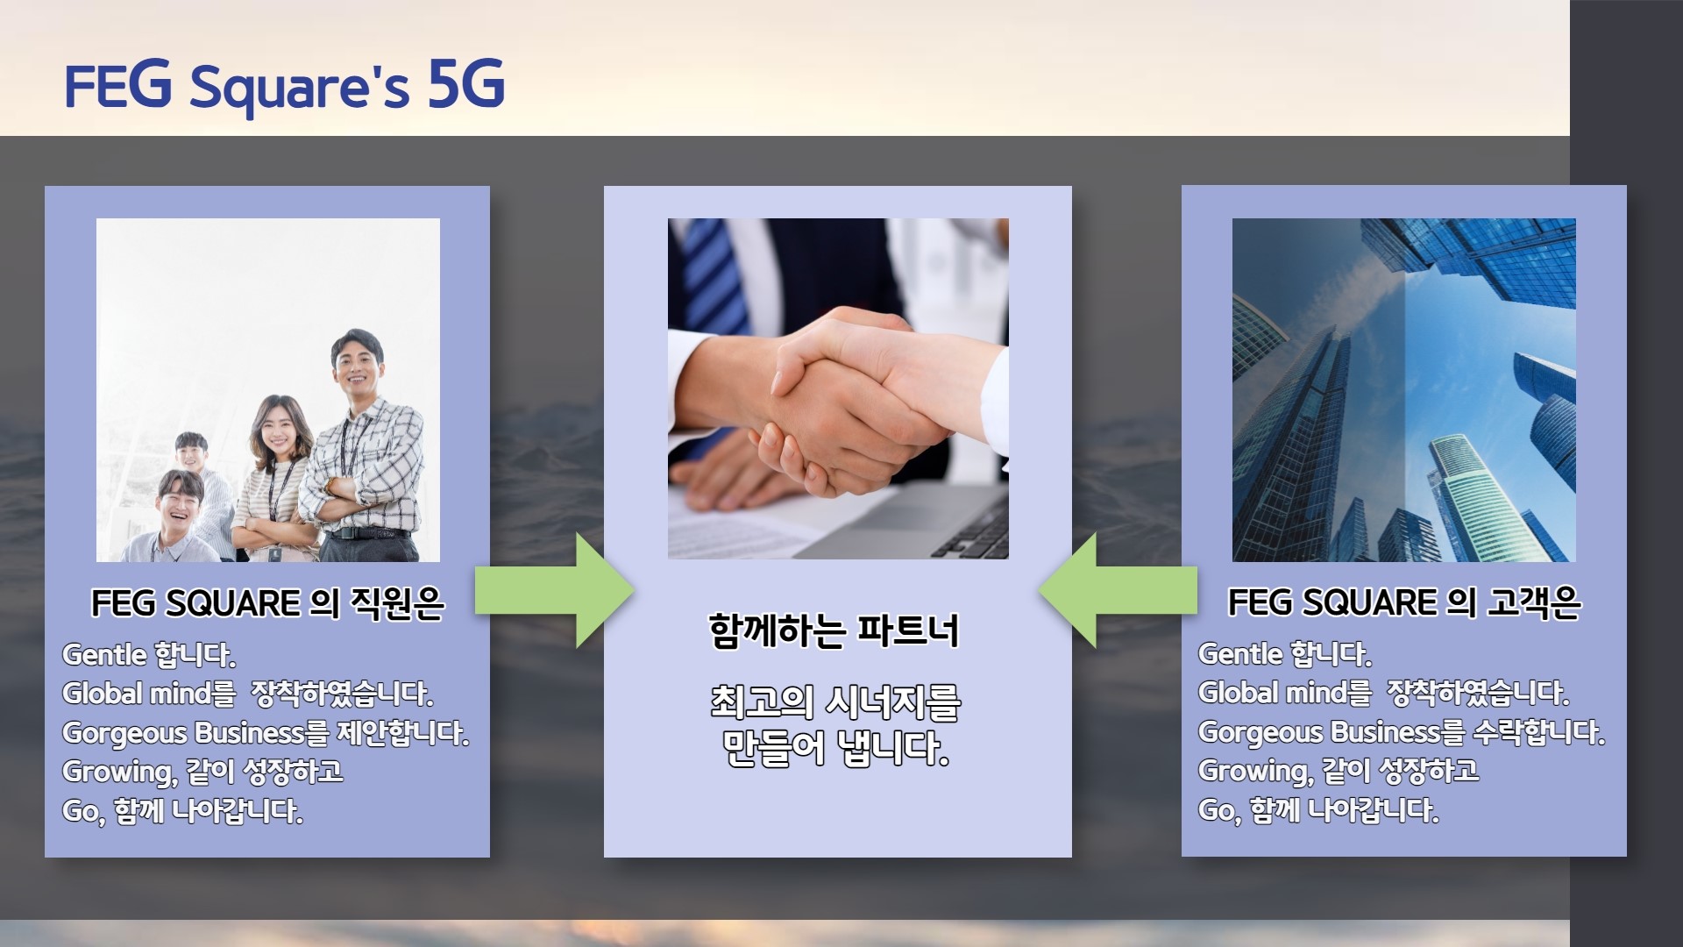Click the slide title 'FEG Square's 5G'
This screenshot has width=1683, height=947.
tap(285, 86)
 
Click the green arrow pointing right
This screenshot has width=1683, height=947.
tap(555, 590)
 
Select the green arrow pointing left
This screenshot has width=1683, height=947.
tap(1118, 590)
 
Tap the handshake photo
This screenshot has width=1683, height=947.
tap(838, 388)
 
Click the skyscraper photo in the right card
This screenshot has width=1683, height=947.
tap(1403, 390)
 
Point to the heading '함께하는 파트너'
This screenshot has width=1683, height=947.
tap(834, 630)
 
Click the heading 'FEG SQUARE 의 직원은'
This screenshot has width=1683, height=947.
tap(267, 603)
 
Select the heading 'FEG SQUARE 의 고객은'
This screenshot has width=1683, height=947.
tap(1403, 602)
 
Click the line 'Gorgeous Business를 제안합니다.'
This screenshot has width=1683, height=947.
tap(266, 733)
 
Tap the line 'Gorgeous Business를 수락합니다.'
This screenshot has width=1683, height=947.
tap(1402, 732)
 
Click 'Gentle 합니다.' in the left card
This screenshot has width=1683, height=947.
tap(149, 655)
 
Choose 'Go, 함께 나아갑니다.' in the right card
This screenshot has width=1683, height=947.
tap(1318, 810)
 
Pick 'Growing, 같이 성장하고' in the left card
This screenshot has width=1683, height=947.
tap(202, 772)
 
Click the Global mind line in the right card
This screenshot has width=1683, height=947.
tap(1383, 693)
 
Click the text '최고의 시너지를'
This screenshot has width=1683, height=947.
tap(835, 701)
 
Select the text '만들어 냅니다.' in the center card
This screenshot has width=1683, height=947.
tap(835, 748)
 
